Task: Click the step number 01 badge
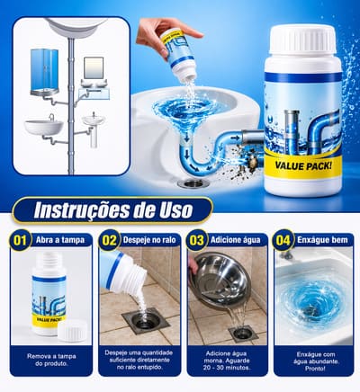(x=21, y=240)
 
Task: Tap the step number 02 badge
(x=109, y=240)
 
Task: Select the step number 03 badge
(x=196, y=240)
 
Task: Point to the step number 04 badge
(x=283, y=240)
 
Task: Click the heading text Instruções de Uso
(x=113, y=210)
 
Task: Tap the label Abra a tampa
(x=60, y=240)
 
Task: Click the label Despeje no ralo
(x=149, y=240)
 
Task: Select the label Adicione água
(x=236, y=240)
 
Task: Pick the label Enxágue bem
(x=322, y=240)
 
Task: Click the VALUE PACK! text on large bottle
(x=303, y=165)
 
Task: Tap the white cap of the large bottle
(x=302, y=40)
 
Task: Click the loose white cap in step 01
(x=72, y=331)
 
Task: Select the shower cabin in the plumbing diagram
(x=44, y=72)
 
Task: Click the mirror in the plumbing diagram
(x=94, y=68)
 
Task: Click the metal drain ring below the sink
(x=190, y=183)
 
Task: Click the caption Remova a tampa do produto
(x=51, y=360)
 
